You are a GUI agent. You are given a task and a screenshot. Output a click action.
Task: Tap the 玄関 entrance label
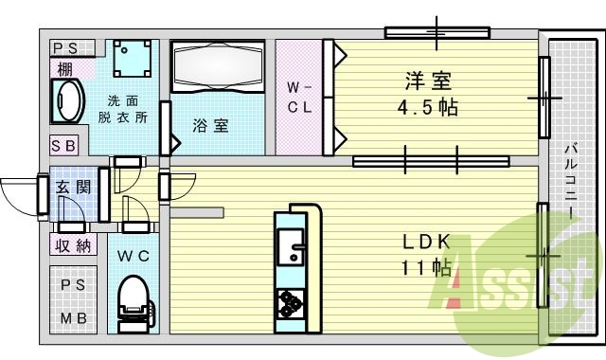click(x=72, y=187)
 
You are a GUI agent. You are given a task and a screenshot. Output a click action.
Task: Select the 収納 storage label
click(x=72, y=246)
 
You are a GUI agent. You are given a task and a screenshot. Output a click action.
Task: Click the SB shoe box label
click(x=63, y=146)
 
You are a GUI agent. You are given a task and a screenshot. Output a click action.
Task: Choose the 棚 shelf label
click(x=63, y=67)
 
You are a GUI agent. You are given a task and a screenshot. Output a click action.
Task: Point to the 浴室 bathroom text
click(x=210, y=125)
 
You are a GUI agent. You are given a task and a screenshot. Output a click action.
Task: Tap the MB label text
click(x=73, y=317)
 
